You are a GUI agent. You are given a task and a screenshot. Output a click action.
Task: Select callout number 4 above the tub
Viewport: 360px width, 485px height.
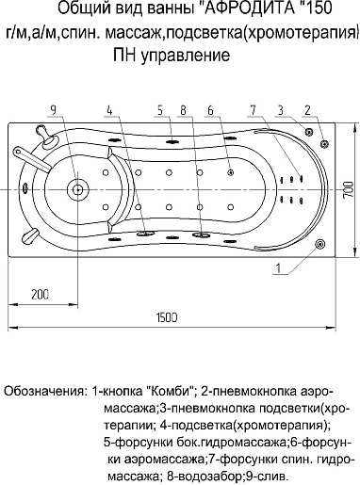(110, 107)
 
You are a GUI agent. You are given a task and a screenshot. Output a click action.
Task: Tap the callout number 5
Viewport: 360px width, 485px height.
(161, 107)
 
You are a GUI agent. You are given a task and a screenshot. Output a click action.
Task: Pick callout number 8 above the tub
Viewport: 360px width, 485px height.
(183, 107)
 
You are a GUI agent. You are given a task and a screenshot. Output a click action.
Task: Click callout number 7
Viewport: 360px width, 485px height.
(254, 107)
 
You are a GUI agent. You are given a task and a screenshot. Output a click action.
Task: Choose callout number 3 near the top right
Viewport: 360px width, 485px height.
(282, 107)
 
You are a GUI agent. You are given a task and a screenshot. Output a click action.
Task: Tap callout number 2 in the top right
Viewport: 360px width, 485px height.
(307, 107)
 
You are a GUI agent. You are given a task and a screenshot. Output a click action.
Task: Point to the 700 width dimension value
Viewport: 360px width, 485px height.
(348, 190)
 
